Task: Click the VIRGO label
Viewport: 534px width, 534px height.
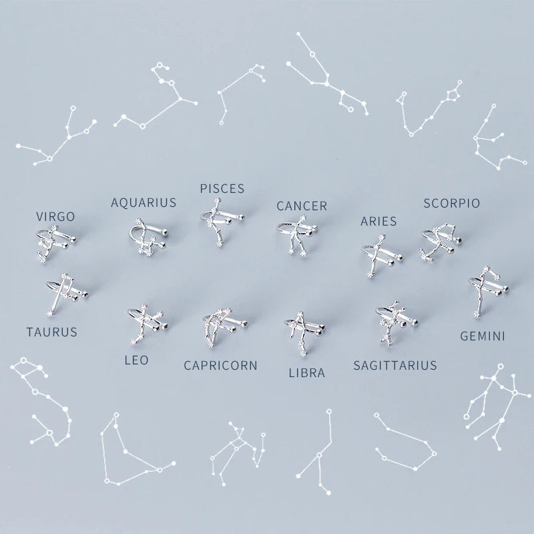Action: point(55,216)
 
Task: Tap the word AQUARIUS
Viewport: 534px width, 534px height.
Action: point(144,202)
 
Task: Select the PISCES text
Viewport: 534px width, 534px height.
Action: point(222,189)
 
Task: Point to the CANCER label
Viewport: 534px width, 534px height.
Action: point(302,206)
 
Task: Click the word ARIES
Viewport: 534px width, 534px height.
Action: point(378,221)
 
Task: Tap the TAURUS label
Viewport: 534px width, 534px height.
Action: point(52,331)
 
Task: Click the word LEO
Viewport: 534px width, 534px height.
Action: point(137,360)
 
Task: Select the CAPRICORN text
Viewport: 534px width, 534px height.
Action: point(221,365)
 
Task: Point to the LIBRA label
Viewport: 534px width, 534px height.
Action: point(306,373)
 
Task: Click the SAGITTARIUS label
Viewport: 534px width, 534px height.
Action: point(395,364)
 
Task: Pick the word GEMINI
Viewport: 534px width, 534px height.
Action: point(483,336)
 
